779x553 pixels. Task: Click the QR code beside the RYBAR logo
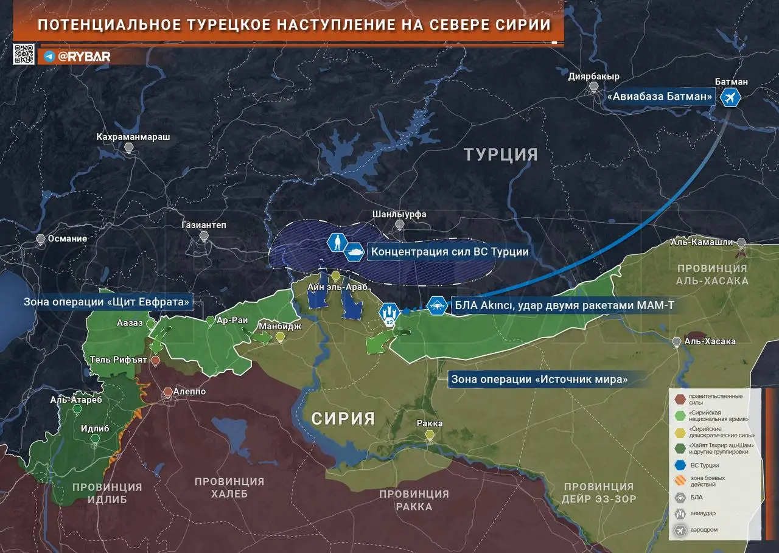click(24, 54)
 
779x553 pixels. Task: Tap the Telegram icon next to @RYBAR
click(49, 57)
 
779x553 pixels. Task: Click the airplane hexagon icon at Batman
click(730, 97)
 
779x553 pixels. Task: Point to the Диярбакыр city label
click(593, 77)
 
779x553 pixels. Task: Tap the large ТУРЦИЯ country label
click(501, 155)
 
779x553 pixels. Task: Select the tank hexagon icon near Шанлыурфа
click(354, 251)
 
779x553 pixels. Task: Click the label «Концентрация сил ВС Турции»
click(449, 252)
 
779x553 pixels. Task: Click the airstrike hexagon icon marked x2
click(389, 313)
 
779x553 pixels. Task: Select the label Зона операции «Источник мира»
click(539, 379)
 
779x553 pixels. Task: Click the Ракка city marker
click(430, 434)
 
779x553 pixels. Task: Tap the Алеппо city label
click(189, 392)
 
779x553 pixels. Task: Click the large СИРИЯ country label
click(343, 419)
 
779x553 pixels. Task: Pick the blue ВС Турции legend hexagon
click(679, 465)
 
